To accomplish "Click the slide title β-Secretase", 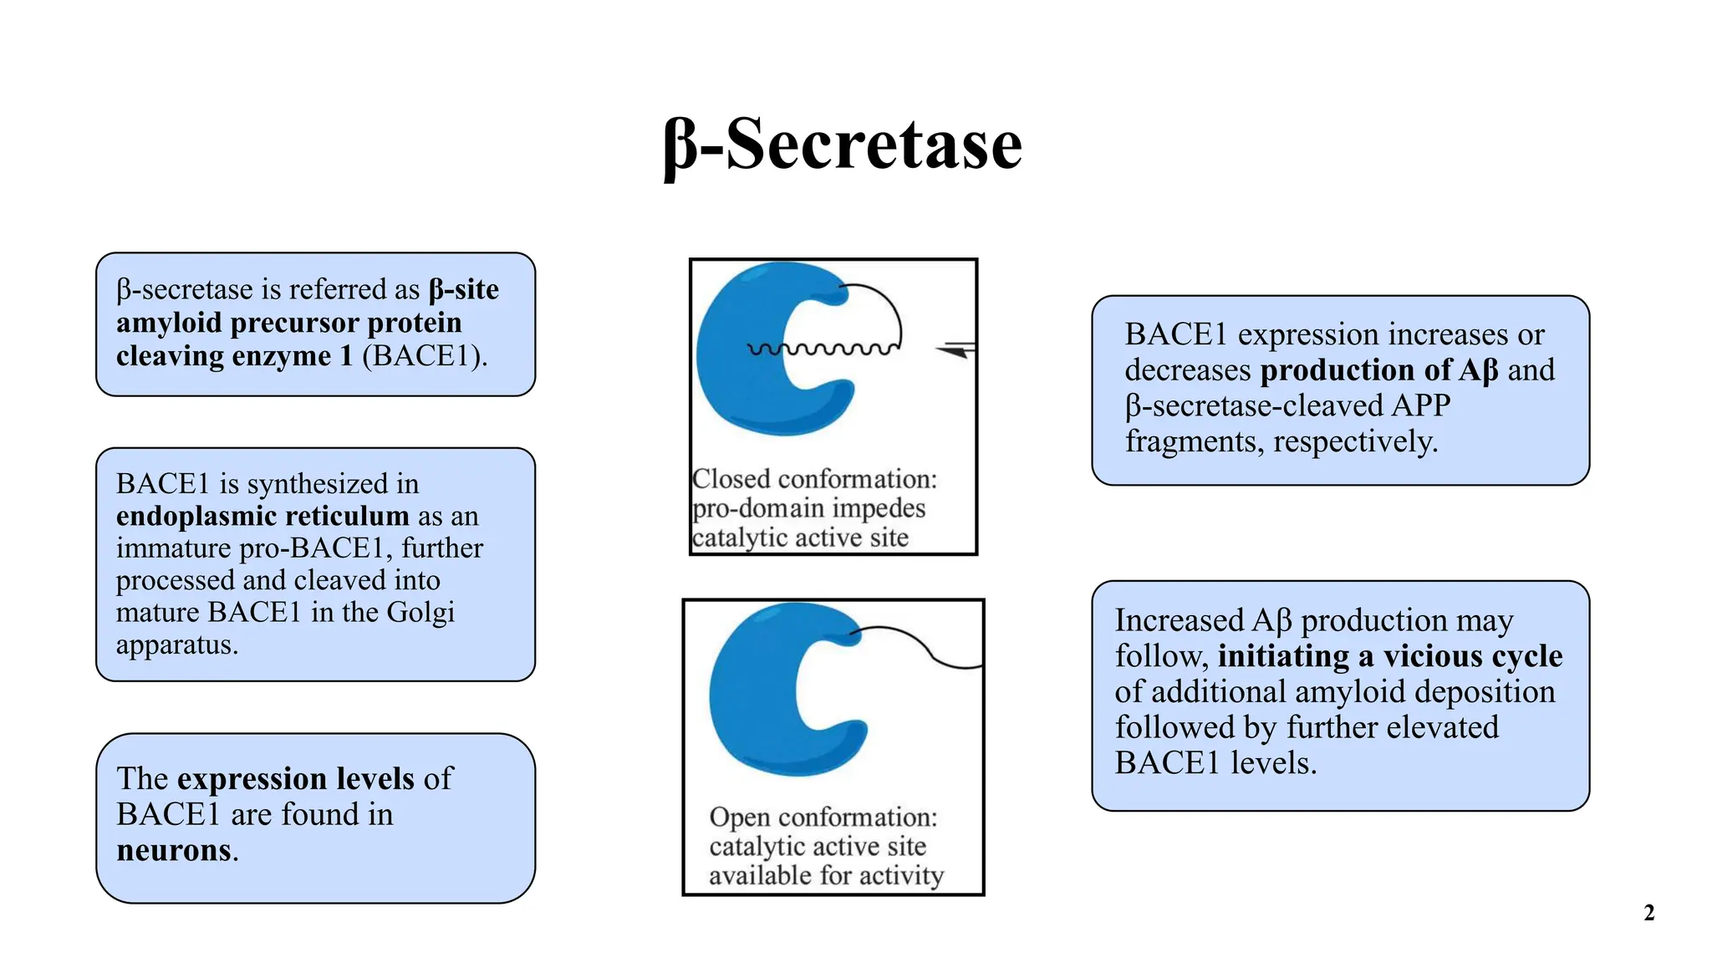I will (843, 145).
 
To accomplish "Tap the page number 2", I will (1648, 913).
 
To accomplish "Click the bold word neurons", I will (174, 850).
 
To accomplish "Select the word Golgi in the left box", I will (420, 613).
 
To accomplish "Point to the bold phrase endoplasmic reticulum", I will (262, 516).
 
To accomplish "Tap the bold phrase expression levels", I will (296, 778).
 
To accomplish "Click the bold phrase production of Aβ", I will (1379, 370).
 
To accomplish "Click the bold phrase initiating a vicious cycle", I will (1389, 656).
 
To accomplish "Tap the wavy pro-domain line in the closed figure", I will (823, 349).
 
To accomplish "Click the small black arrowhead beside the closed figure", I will (955, 351).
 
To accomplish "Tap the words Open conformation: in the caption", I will (823, 818).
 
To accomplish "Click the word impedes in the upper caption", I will (879, 508).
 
